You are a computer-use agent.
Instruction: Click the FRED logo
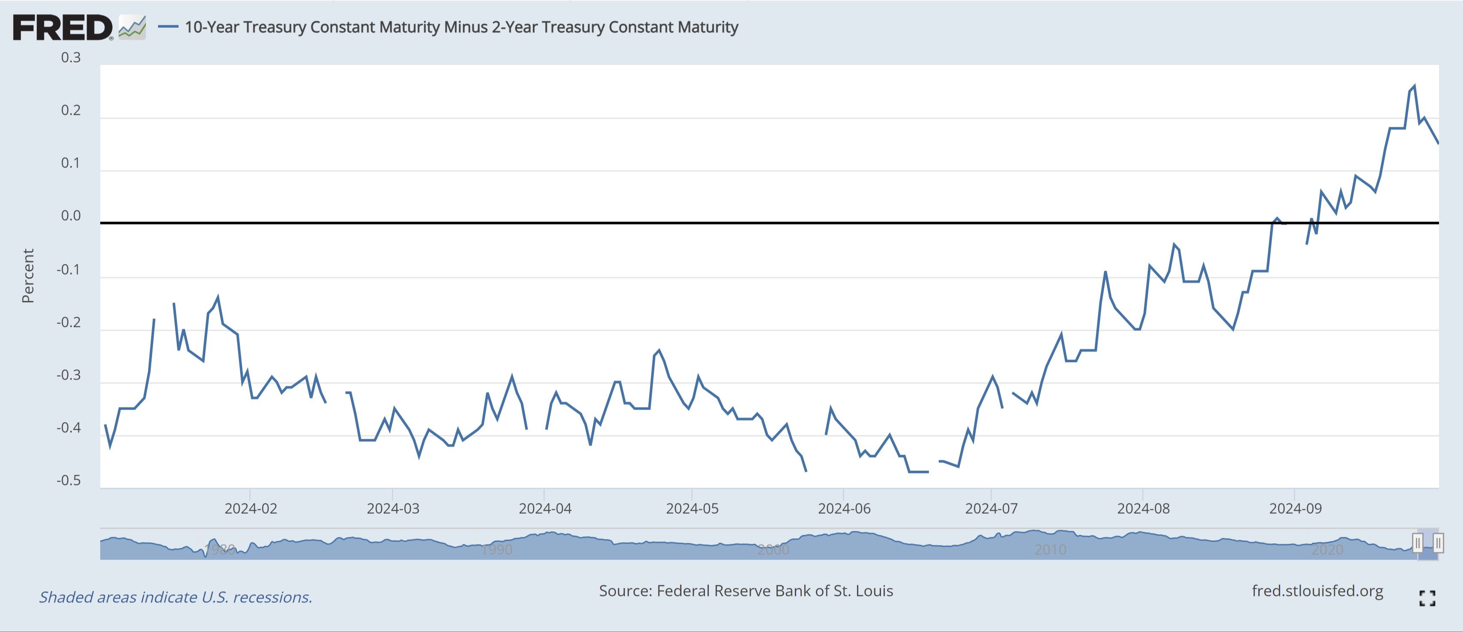(x=63, y=27)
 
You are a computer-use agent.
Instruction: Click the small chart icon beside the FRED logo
(x=132, y=27)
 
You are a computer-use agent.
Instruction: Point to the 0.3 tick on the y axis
(x=71, y=57)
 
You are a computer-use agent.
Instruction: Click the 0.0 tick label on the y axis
(x=71, y=216)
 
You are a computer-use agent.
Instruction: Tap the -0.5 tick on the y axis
(x=69, y=481)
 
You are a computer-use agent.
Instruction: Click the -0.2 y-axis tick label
(x=69, y=322)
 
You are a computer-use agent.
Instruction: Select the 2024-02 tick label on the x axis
(x=251, y=508)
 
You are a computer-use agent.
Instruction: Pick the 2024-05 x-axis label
(x=692, y=508)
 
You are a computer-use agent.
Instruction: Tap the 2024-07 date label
(x=991, y=508)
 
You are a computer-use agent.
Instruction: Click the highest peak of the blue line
(x=1414, y=87)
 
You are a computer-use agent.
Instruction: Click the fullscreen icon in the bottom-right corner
(x=1427, y=598)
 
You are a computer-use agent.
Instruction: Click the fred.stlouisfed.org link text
(x=1317, y=591)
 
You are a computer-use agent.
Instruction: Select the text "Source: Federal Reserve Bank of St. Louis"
(x=746, y=591)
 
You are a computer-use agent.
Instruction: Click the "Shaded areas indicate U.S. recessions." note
(x=176, y=597)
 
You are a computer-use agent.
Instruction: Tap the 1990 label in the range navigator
(x=496, y=550)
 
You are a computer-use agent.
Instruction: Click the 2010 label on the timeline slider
(x=1050, y=550)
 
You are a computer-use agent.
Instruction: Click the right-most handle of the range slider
(x=1438, y=543)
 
